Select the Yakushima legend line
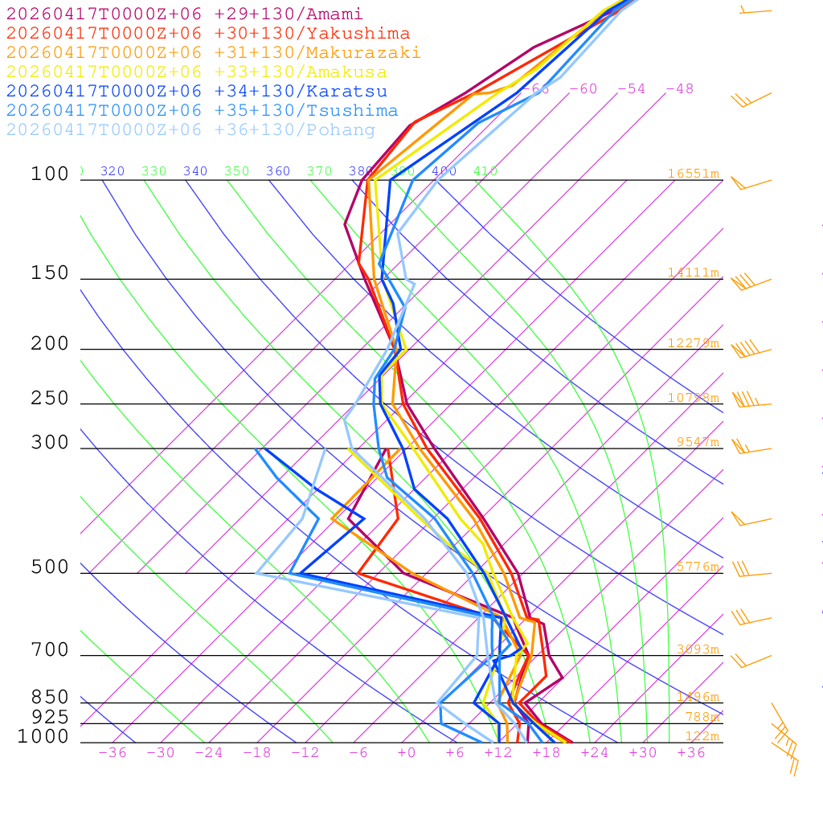click(208, 34)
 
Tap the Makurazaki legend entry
click(214, 53)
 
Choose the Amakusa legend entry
click(197, 72)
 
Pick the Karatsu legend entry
click(197, 92)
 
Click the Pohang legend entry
click(191, 130)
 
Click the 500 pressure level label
click(50, 567)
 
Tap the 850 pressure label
click(50, 698)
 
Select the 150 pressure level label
click(50, 273)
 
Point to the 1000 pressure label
click(43, 736)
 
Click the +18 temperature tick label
click(547, 753)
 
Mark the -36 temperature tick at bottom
click(113, 753)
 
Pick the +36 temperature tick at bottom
click(691, 753)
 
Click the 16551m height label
click(694, 174)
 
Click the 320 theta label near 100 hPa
click(113, 171)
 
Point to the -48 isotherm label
click(680, 89)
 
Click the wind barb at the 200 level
click(747, 350)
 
